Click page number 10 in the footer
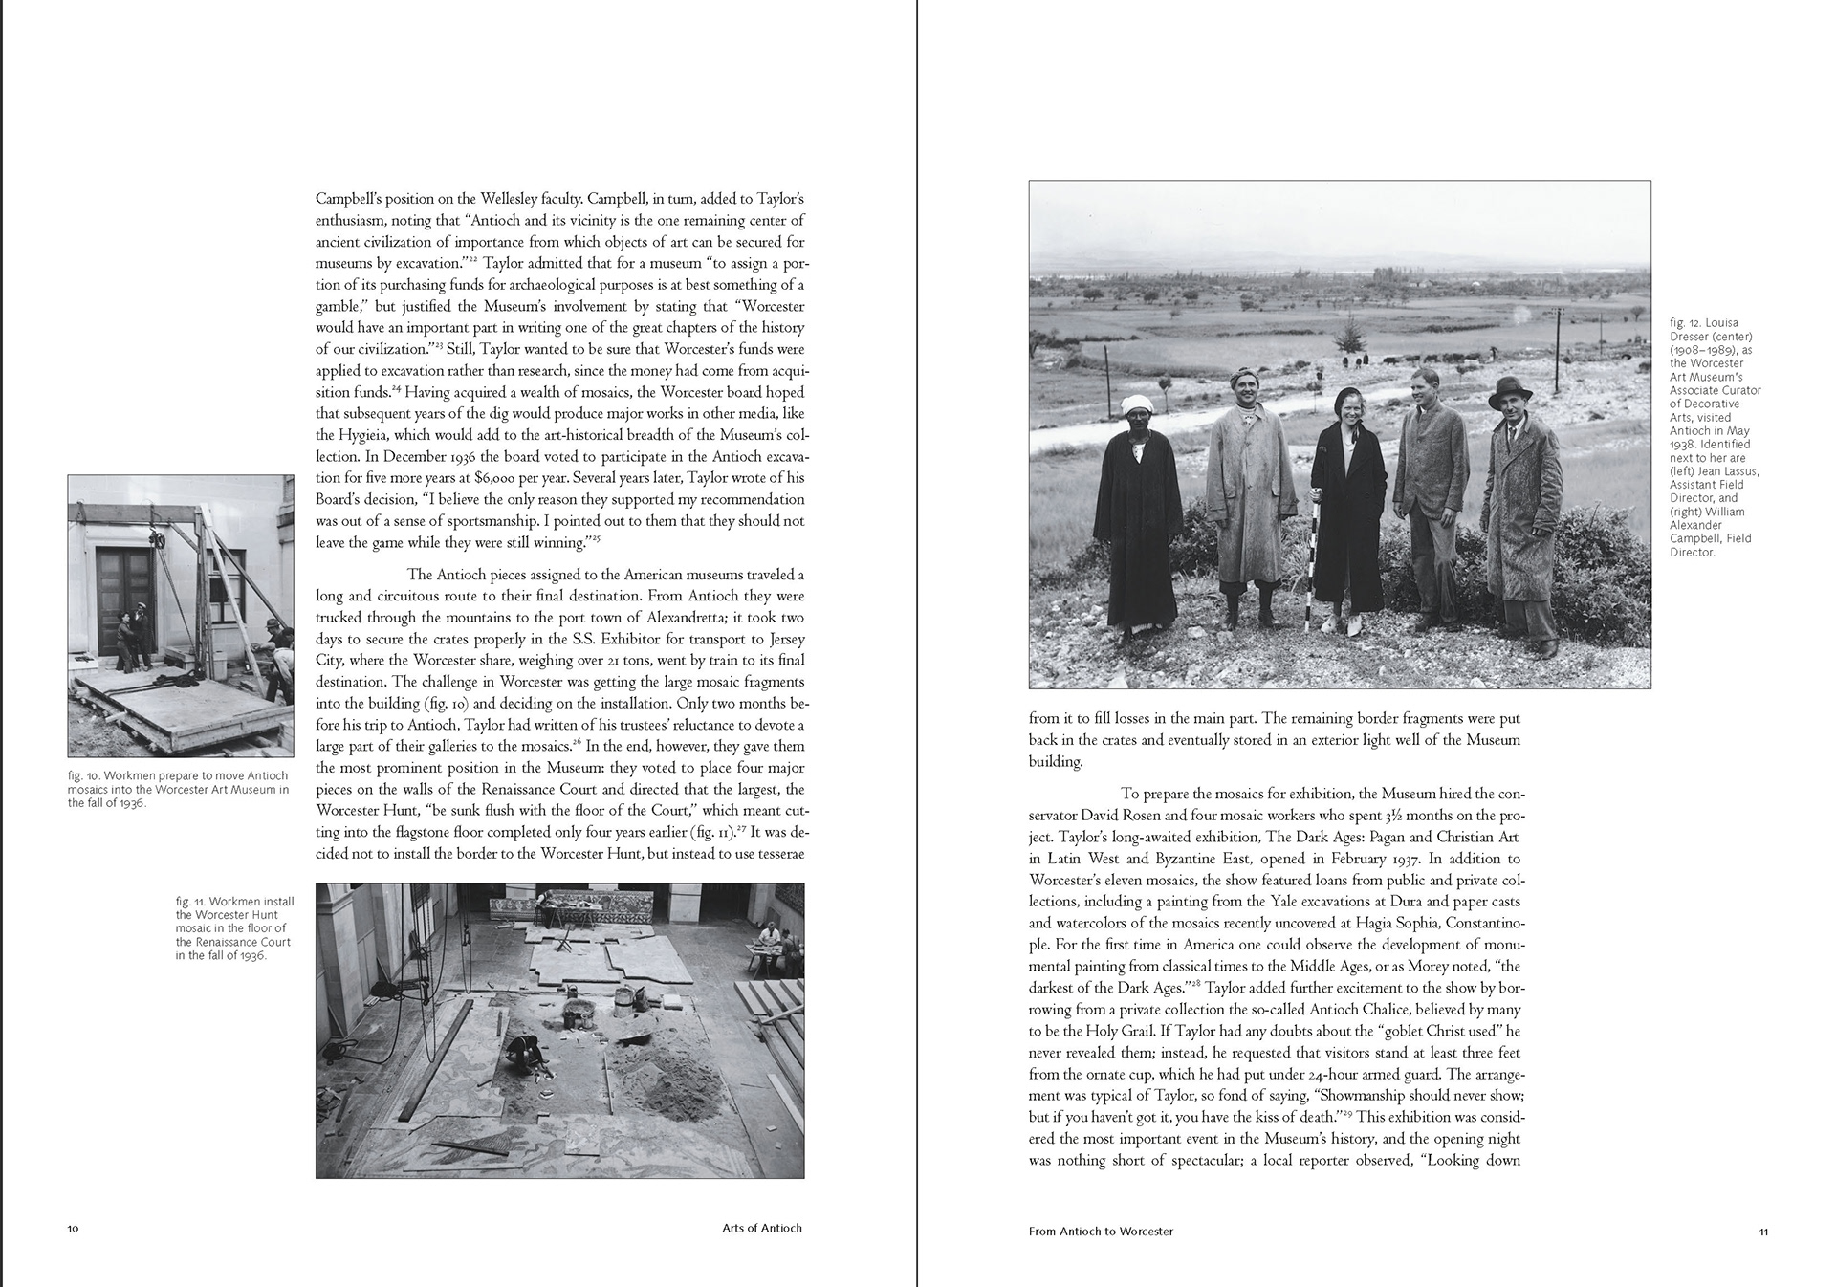[x=73, y=1229]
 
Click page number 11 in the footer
[x=1763, y=1232]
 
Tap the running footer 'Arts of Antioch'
[x=761, y=1229]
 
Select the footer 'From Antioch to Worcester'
[x=1101, y=1232]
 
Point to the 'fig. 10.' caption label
[x=82, y=775]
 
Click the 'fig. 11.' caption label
[x=190, y=902]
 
